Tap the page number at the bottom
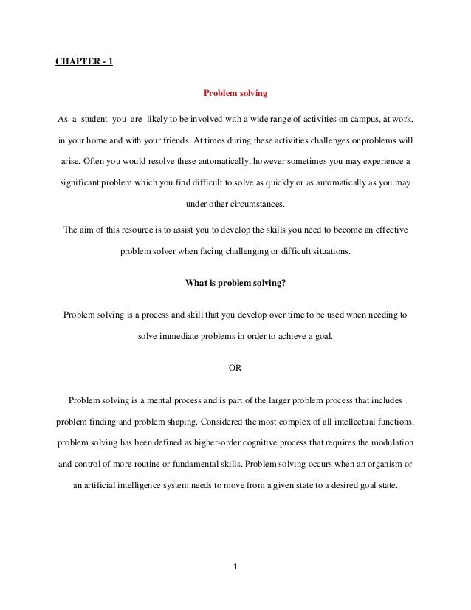235,568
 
